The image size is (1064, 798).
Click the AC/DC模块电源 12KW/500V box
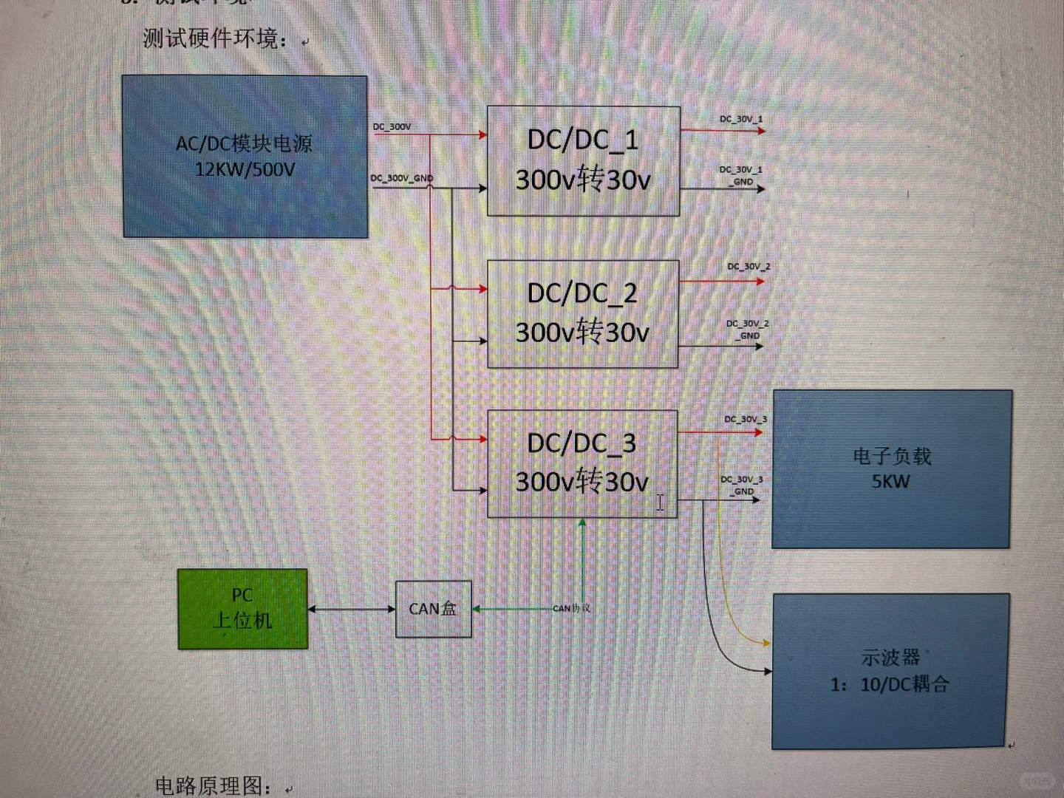(x=245, y=157)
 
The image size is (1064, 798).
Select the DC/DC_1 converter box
(x=583, y=160)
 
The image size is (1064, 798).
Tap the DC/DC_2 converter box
(x=582, y=313)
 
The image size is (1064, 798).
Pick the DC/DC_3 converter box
(x=582, y=463)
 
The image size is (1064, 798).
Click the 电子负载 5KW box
(x=891, y=469)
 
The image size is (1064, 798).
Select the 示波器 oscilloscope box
(x=890, y=671)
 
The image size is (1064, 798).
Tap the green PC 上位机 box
(x=242, y=609)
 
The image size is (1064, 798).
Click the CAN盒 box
(x=433, y=609)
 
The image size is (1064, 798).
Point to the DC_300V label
(x=392, y=126)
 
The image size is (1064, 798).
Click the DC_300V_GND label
(x=401, y=178)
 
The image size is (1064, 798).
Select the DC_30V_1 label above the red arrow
(x=741, y=119)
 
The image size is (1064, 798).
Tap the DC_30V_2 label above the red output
(x=748, y=266)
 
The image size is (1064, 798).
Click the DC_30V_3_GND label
(x=742, y=485)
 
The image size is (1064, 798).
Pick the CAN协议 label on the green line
(x=571, y=608)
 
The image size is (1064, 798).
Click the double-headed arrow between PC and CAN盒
(x=351, y=609)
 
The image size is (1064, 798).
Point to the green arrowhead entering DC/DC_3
(x=582, y=523)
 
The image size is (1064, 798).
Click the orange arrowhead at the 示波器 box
(x=765, y=643)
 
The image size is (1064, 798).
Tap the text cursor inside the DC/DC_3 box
(x=660, y=502)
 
